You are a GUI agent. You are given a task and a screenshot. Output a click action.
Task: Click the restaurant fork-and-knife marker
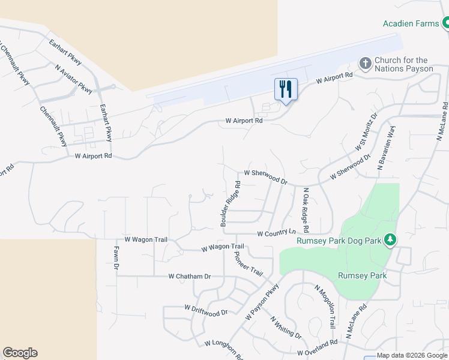(286, 89)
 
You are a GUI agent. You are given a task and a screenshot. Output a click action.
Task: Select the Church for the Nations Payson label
(403, 64)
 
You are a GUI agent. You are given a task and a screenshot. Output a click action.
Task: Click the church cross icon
(365, 63)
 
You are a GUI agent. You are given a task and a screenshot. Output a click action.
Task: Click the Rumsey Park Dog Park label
(340, 241)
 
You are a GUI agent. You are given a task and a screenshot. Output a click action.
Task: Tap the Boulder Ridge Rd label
(231, 204)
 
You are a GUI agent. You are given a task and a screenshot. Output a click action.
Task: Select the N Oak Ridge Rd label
(306, 210)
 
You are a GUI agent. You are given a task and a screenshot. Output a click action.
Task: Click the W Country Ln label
(277, 233)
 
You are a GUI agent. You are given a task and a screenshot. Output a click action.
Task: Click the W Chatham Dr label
(190, 277)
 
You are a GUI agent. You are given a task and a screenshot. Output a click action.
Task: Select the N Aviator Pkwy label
(74, 80)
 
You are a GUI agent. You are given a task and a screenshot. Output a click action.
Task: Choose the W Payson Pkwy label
(262, 302)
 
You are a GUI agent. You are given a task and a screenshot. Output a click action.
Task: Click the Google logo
(20, 353)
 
